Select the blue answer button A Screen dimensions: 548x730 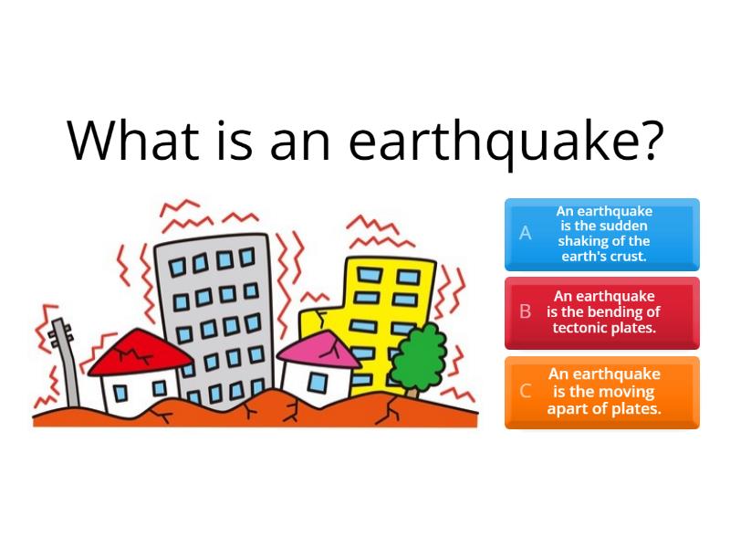coord(602,234)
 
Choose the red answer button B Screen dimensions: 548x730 coord(602,312)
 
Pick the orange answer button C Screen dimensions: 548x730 coord(602,392)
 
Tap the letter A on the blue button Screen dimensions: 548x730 coord(526,234)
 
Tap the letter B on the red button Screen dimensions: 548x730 coord(526,311)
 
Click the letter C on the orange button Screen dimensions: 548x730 coord(526,392)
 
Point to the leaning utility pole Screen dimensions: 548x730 coord(65,361)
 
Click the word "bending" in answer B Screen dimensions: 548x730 coord(612,311)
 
